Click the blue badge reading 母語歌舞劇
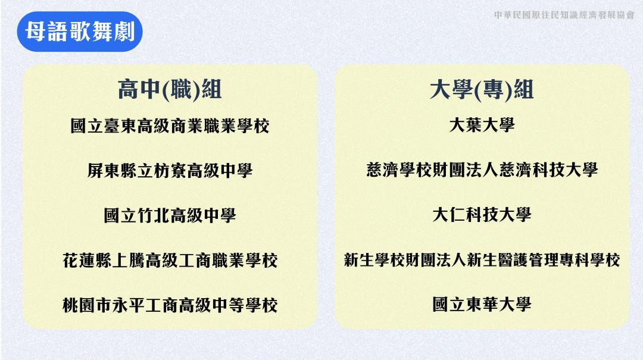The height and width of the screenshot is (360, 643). pos(80,32)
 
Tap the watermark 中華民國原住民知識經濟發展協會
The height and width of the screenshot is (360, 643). pos(564,15)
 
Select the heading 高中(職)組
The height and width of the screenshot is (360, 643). pos(170,89)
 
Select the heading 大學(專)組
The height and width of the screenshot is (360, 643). pos(482,89)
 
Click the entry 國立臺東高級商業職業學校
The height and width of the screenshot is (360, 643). pos(170,126)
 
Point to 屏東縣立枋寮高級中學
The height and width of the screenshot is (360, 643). pos(170,171)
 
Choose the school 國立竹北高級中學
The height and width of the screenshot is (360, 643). pos(170,215)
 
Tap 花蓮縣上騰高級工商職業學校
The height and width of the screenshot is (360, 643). pos(170,261)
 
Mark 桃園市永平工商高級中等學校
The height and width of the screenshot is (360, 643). pos(170,305)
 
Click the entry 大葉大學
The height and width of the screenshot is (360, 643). pos(482,125)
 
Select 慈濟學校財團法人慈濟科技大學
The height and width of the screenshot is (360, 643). pos(482,170)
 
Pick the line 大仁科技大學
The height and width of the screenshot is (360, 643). pos(482,214)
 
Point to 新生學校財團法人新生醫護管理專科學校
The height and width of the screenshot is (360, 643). pos(482,259)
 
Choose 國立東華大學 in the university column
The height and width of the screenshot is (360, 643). pos(482,304)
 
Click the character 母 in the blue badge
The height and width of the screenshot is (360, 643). pos(35,32)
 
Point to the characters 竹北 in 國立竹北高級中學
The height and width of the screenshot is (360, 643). pos(154,215)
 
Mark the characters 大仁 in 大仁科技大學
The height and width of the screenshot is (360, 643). pos(449,214)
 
